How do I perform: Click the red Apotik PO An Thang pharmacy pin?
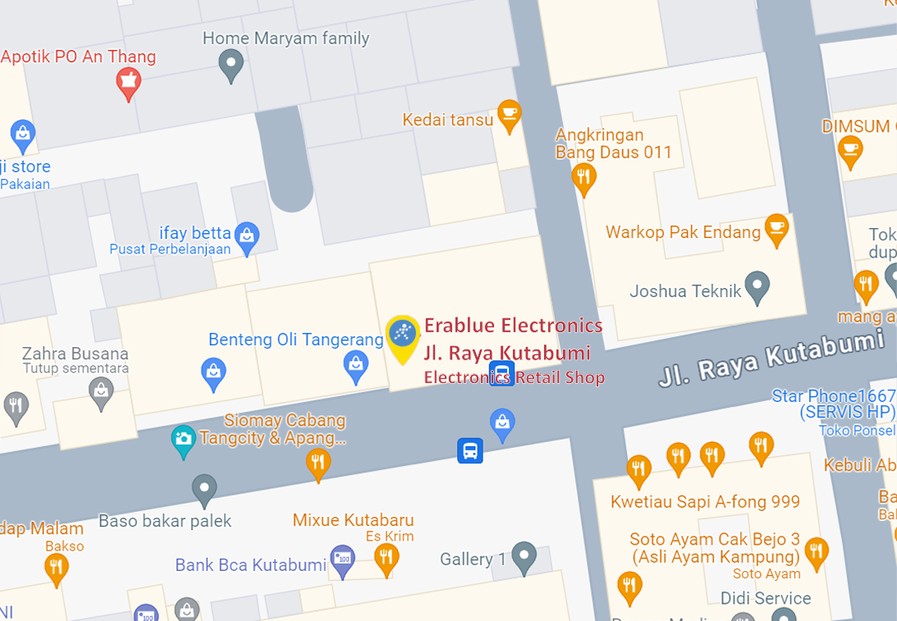point(128,83)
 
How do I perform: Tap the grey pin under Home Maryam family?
point(231,63)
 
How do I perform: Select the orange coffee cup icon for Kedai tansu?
point(509,115)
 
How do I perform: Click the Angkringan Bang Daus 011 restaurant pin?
point(584,177)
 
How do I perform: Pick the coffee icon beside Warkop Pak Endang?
point(776,228)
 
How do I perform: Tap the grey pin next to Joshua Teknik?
point(757,287)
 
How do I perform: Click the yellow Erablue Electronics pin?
point(402,336)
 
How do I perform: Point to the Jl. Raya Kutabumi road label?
point(771,357)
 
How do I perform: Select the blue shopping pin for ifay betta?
point(246,237)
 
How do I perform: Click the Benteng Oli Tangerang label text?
point(295,340)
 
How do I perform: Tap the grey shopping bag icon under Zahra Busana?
point(102,392)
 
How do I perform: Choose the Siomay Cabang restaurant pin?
point(318,463)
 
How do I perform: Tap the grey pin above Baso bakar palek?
point(204,490)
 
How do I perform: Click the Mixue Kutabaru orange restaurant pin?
point(386,559)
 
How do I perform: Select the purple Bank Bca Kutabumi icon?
point(341,561)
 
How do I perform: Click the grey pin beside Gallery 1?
point(524,557)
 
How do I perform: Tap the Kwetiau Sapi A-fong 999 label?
point(705,501)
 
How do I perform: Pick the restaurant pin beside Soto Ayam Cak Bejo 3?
point(816,552)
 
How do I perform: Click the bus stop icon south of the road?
point(470,450)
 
